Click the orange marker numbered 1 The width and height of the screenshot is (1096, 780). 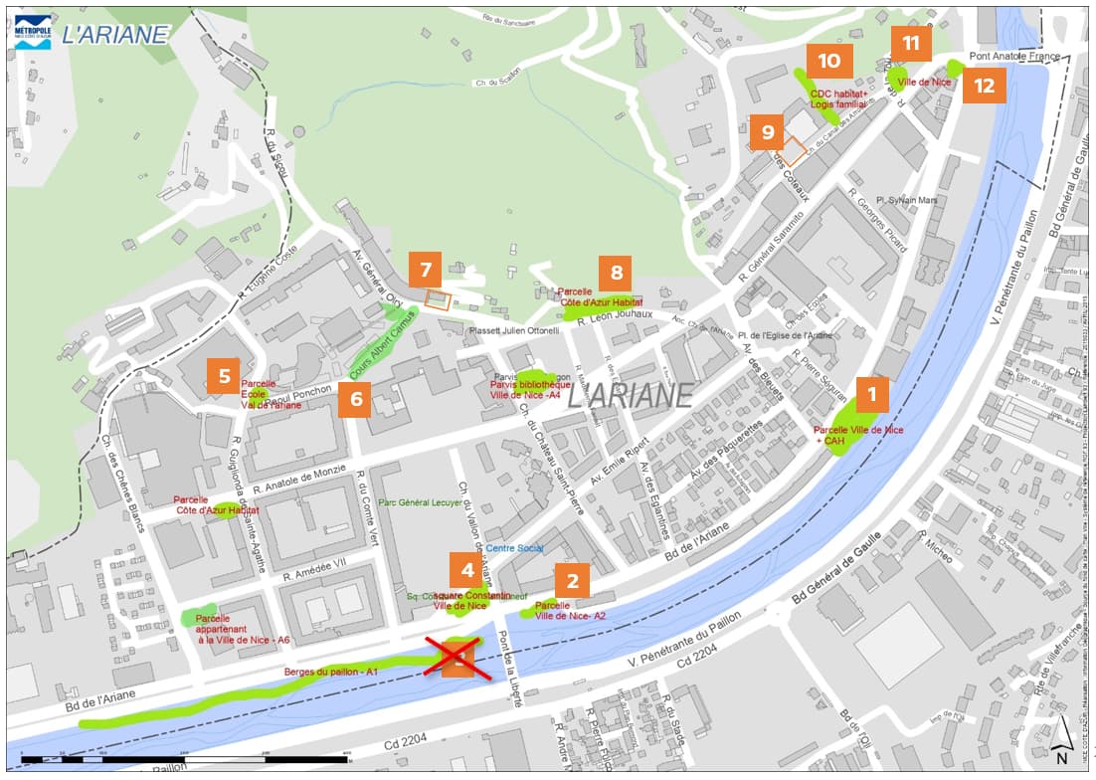point(872,395)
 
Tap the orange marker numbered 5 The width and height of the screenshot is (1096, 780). point(224,376)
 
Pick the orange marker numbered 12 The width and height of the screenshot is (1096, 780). point(984,86)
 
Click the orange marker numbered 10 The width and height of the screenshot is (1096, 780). point(829,61)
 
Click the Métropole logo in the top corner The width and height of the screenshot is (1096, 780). point(33,33)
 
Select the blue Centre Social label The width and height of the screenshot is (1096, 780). point(515,548)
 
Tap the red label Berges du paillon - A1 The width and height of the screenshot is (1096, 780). point(332,673)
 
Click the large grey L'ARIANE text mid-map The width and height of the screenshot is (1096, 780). point(630,395)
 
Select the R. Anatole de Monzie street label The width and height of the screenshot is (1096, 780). point(299,477)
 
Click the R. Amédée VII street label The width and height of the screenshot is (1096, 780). point(316,570)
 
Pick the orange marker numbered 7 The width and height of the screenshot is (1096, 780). point(425,270)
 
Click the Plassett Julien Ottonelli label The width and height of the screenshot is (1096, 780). point(499,330)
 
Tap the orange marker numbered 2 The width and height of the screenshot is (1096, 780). point(572,580)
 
